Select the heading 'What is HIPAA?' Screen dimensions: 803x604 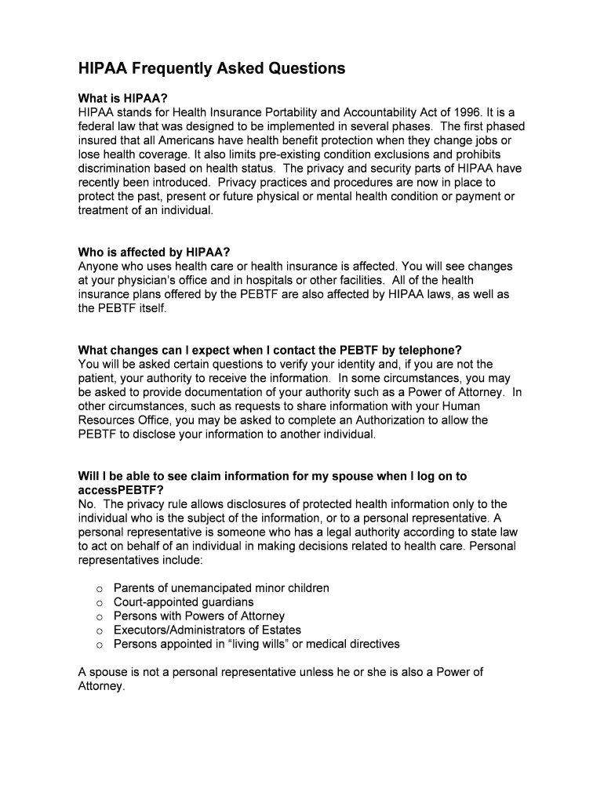coord(123,98)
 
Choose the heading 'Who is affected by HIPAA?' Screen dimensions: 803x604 coord(154,252)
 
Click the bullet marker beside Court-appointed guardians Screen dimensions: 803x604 coord(100,603)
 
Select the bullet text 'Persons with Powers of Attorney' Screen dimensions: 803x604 coord(199,616)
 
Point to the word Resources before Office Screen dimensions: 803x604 coord(107,420)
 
